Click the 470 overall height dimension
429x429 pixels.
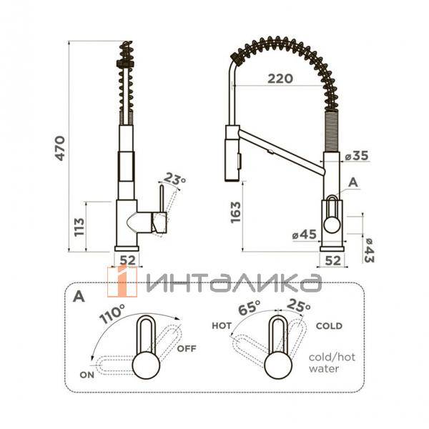click(60, 148)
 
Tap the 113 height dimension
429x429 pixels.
click(79, 227)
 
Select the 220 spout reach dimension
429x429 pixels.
click(280, 79)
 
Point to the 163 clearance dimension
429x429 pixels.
click(235, 212)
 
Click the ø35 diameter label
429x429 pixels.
click(357, 156)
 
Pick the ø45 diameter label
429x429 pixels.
click(305, 235)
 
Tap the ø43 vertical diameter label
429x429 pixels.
click(369, 250)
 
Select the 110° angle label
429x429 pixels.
click(112, 314)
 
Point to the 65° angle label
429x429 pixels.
click(249, 307)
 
